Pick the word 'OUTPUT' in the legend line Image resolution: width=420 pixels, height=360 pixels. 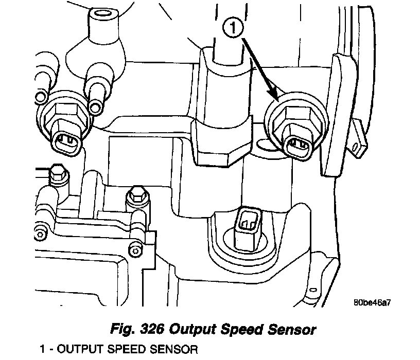(x=78, y=350)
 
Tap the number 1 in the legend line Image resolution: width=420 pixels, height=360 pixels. (x=43, y=350)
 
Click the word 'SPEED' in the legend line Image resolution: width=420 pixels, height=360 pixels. (x=124, y=350)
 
